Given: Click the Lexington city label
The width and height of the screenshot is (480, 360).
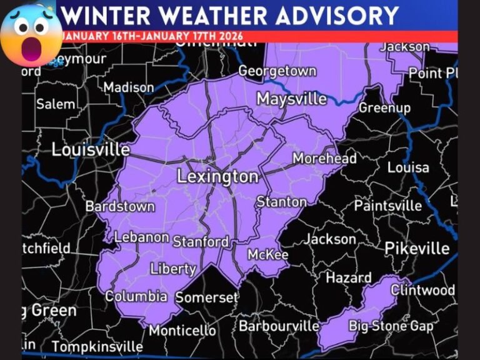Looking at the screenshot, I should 217,177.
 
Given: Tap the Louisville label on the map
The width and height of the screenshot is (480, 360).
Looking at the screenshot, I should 91,150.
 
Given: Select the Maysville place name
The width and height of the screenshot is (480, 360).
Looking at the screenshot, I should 292,99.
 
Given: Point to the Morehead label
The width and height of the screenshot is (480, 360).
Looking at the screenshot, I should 324,158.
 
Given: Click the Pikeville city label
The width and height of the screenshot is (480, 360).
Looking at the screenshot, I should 417,248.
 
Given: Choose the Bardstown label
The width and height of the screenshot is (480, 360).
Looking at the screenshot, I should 120,206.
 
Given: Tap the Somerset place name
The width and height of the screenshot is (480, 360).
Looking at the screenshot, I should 207,297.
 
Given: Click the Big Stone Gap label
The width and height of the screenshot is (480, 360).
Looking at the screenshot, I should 391,326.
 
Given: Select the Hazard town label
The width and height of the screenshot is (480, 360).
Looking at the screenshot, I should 349,278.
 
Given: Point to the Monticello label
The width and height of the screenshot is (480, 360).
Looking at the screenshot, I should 182,330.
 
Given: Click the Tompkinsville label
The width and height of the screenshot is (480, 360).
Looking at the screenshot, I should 97,346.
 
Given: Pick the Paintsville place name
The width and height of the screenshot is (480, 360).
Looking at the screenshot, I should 387,205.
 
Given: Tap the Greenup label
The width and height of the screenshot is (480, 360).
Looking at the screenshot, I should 384,107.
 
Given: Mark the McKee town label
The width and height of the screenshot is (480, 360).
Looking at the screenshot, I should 267,255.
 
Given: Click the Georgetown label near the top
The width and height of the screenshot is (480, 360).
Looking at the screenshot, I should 277,71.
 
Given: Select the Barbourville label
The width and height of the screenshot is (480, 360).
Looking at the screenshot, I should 279,326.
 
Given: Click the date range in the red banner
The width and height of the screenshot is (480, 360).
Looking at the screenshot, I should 153,36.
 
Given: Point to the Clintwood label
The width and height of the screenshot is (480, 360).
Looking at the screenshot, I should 423,290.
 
